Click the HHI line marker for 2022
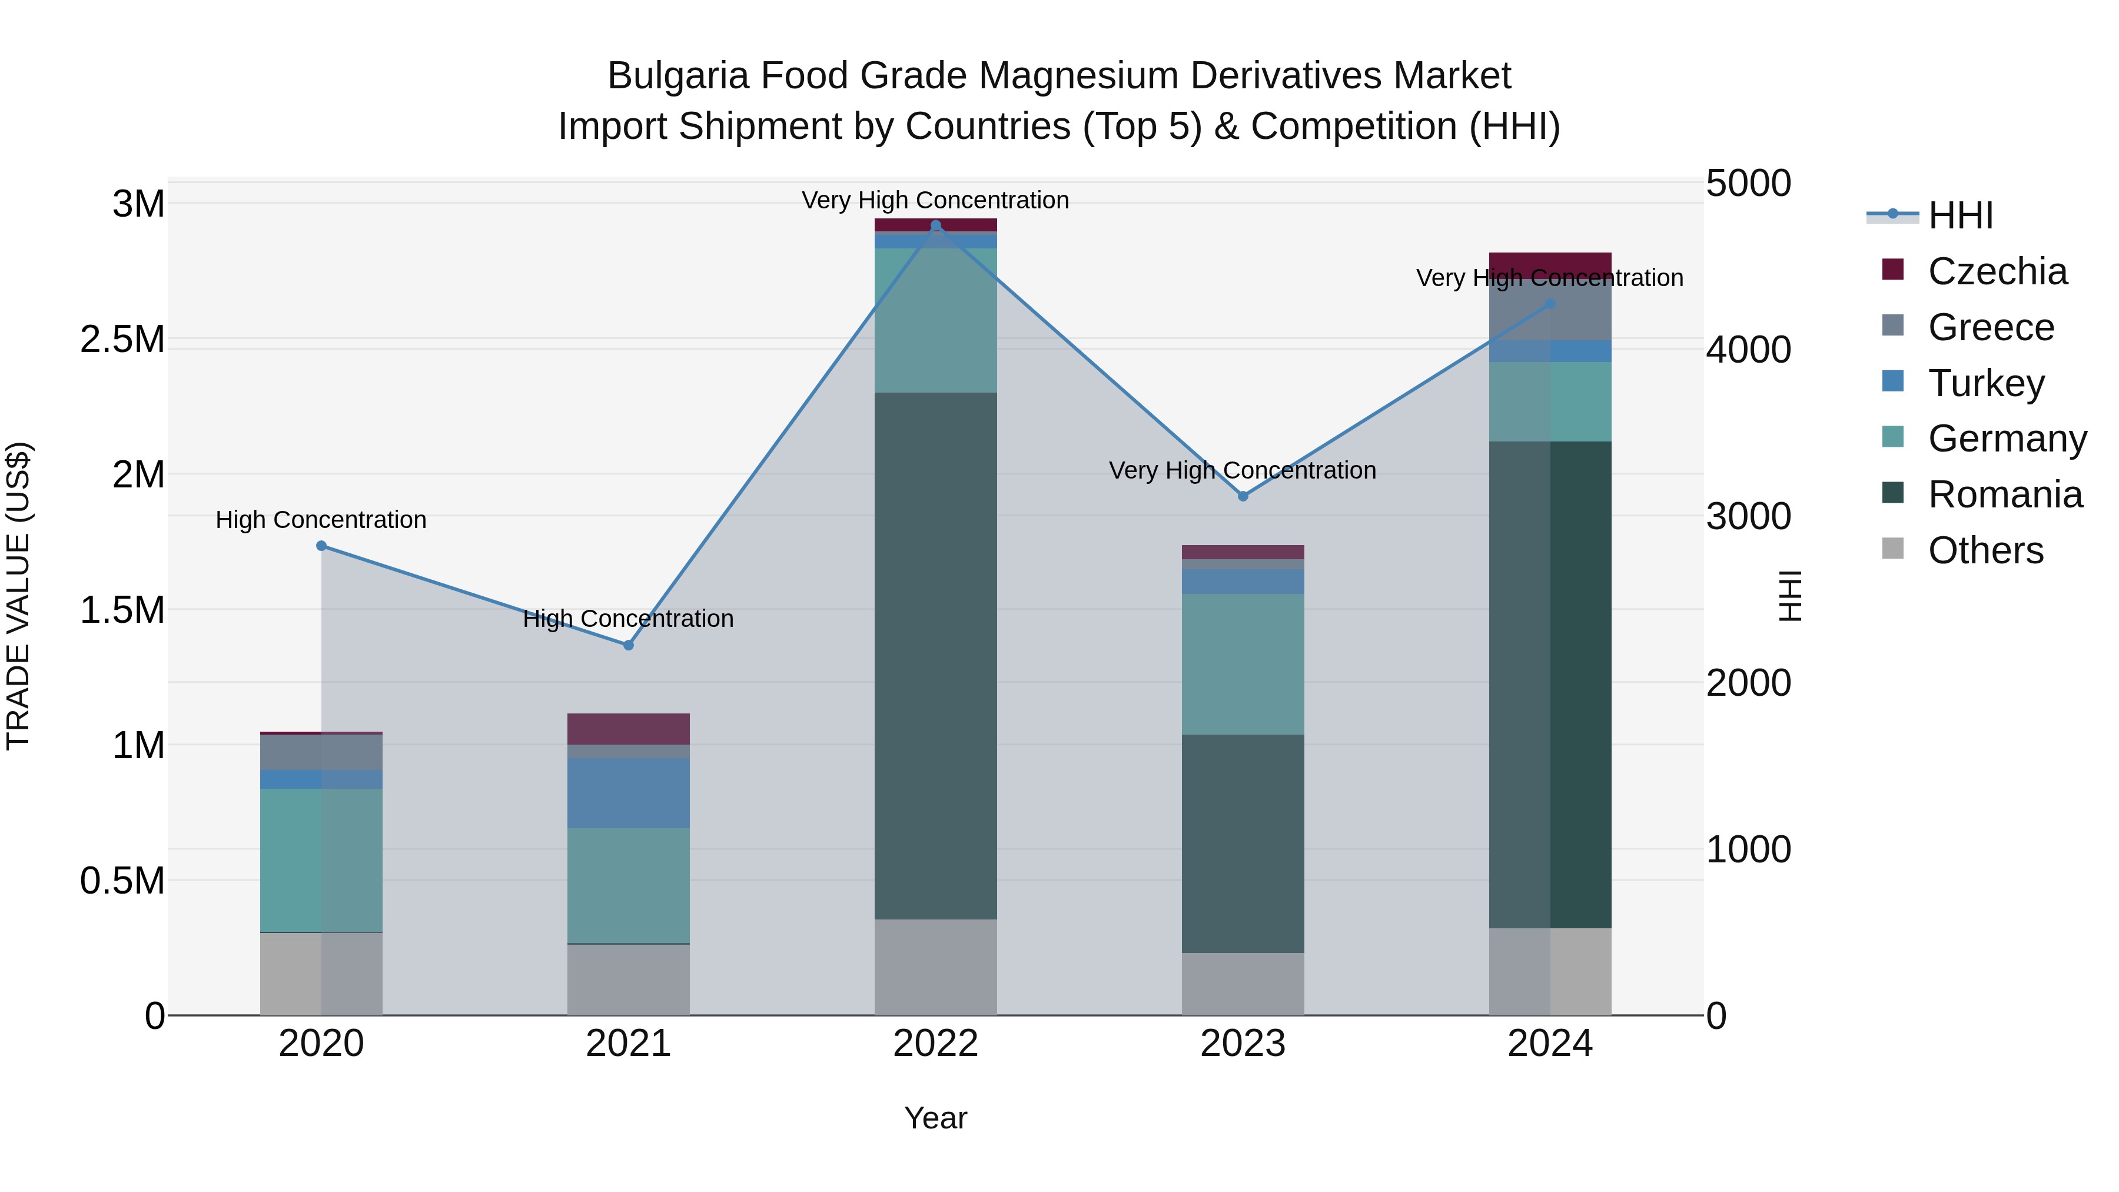tap(935, 225)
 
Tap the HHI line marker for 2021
tap(629, 645)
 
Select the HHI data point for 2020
tap(321, 546)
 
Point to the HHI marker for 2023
tap(1243, 496)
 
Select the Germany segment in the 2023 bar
tap(1243, 664)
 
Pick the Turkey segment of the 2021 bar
tap(629, 793)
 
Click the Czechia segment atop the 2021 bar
tap(629, 729)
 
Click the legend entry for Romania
tap(2005, 494)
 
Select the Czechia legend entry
tap(1997, 271)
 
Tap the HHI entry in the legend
tap(1960, 215)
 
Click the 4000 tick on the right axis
tap(1748, 350)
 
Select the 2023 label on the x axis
tap(1243, 1043)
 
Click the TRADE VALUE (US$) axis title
tap(18, 596)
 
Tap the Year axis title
tap(935, 1118)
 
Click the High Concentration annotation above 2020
tap(321, 520)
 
